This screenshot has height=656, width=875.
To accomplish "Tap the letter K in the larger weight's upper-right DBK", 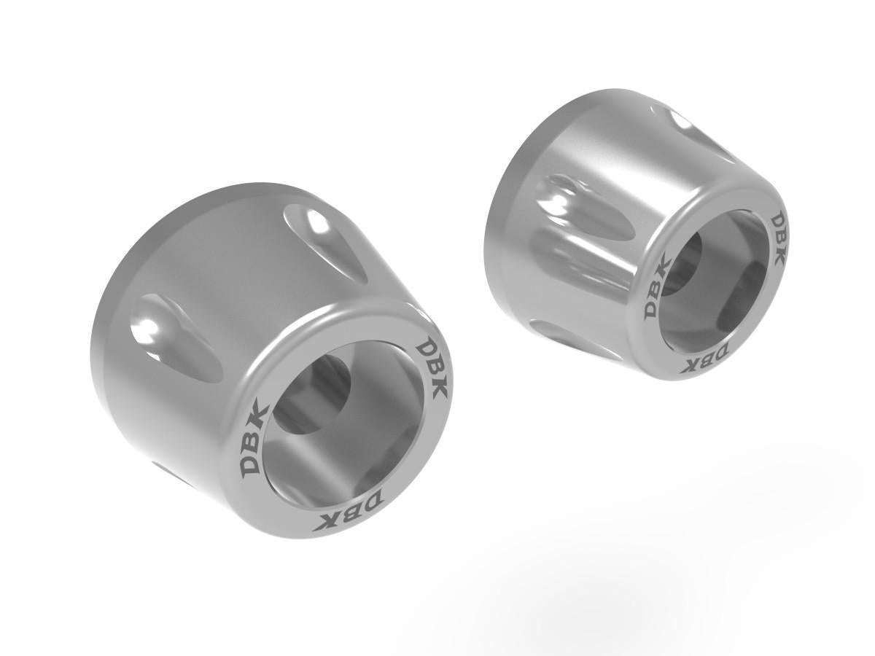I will coord(439,386).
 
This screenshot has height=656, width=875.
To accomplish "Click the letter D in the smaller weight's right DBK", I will coord(777,221).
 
